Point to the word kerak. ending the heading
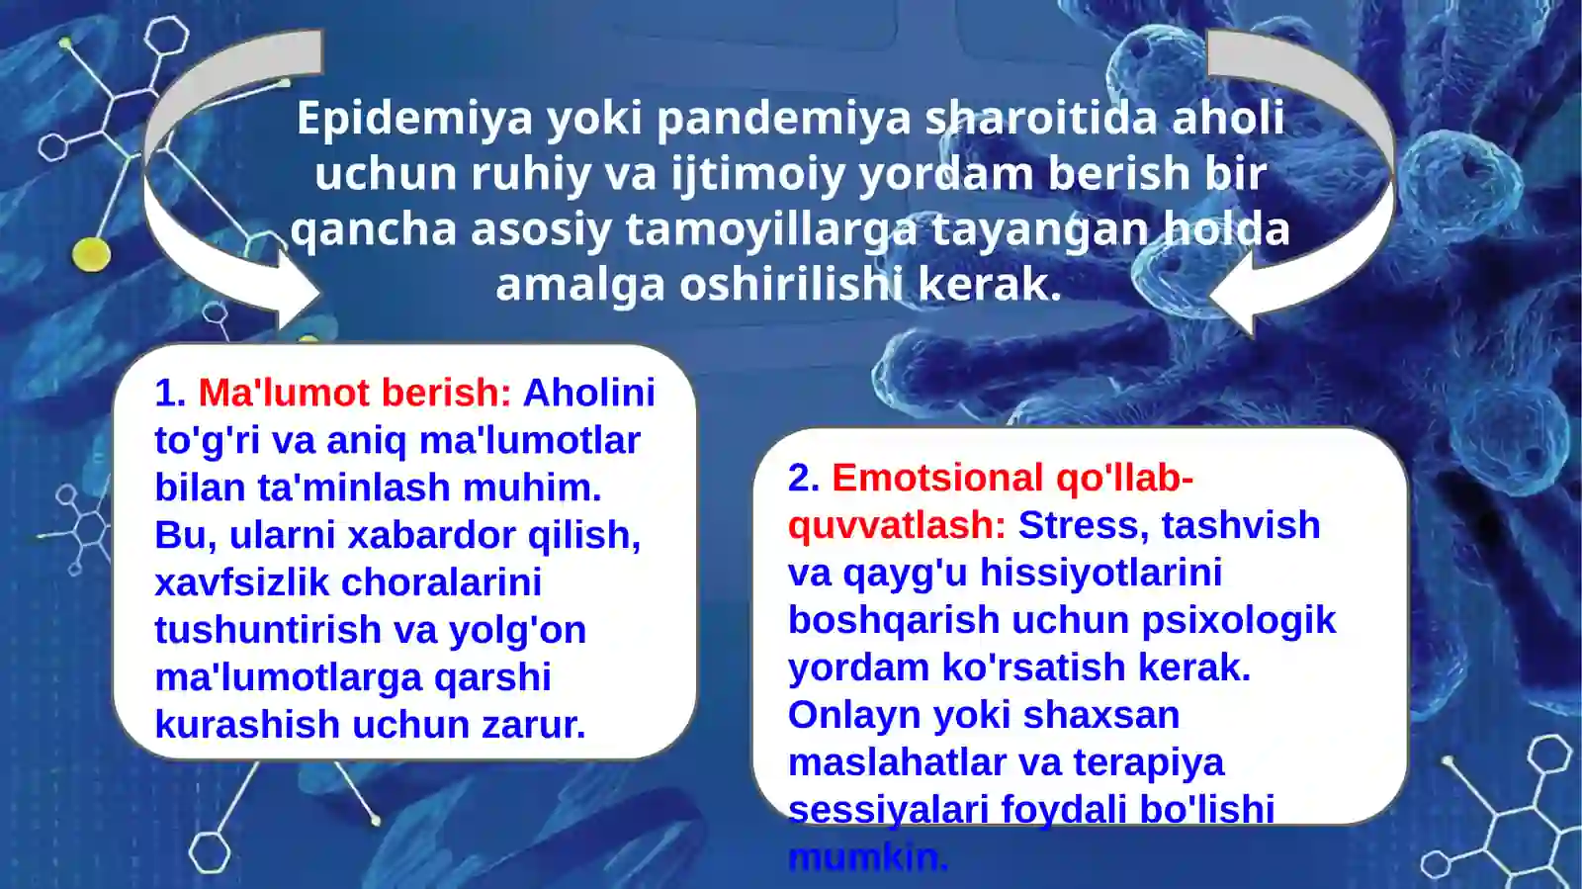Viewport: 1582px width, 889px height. coord(989,285)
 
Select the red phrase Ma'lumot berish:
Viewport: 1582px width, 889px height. coord(354,394)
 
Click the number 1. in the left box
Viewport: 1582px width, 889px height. coord(170,394)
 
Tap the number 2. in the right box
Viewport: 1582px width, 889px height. coord(803,479)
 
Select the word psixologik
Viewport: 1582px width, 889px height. coord(1238,621)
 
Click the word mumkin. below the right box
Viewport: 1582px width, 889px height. coord(867,857)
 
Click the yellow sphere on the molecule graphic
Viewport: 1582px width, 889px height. coord(91,254)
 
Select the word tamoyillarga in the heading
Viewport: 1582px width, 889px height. coord(771,229)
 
